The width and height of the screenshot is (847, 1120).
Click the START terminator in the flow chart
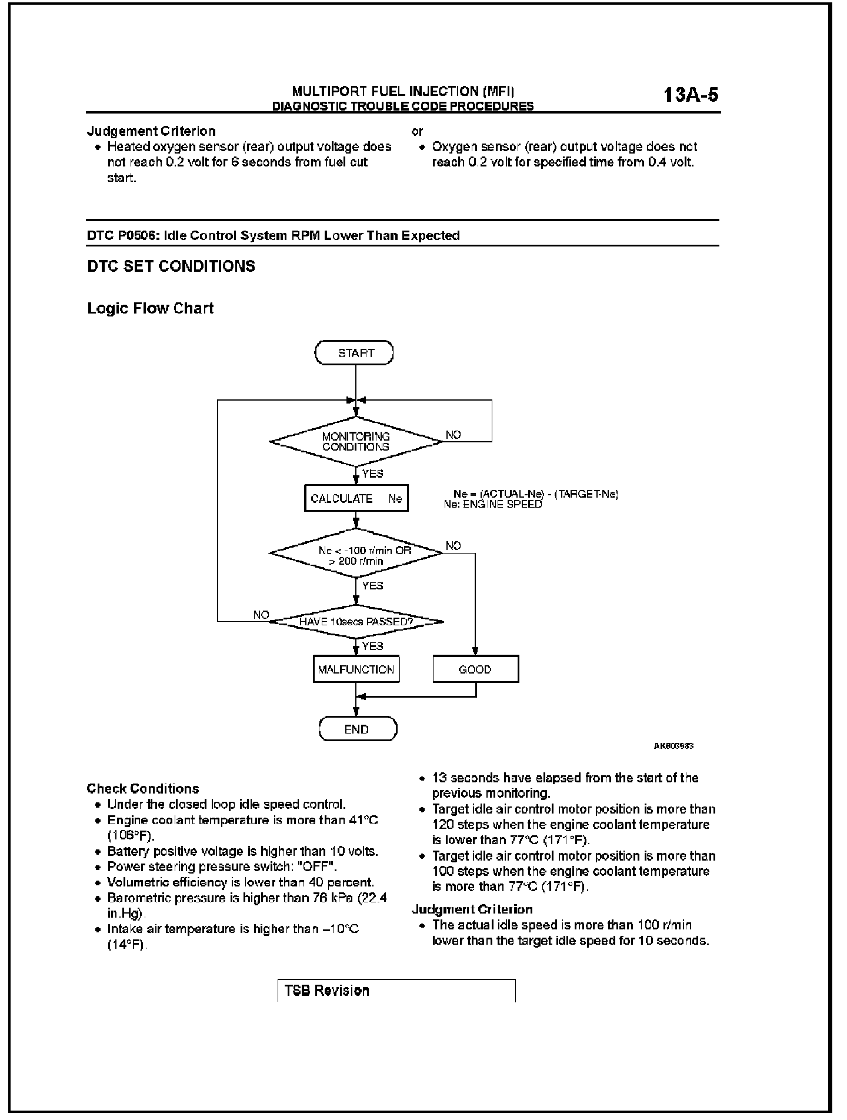click(355, 353)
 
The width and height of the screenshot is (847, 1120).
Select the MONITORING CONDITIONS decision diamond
click(355, 441)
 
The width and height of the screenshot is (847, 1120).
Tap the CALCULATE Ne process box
click(356, 498)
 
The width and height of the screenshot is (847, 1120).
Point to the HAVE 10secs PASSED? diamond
click(356, 621)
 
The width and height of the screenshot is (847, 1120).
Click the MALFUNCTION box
click(356, 669)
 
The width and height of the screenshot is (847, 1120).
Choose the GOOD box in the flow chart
click(475, 669)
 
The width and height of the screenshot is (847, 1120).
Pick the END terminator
click(357, 729)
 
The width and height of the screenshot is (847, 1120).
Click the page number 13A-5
click(691, 95)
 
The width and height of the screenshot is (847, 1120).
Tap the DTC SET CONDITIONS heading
click(171, 266)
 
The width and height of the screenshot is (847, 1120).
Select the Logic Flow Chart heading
click(151, 308)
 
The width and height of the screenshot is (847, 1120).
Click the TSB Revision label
click(327, 991)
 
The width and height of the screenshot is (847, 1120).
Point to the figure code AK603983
click(673, 746)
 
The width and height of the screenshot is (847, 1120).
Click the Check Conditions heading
click(143, 788)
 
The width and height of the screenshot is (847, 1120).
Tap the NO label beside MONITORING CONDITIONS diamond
click(453, 435)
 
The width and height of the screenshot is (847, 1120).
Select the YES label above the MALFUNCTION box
click(372, 646)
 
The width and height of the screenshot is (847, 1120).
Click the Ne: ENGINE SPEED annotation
click(493, 504)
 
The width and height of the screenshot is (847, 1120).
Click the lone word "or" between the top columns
click(417, 131)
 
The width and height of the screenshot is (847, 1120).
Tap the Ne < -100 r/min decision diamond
click(356, 554)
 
